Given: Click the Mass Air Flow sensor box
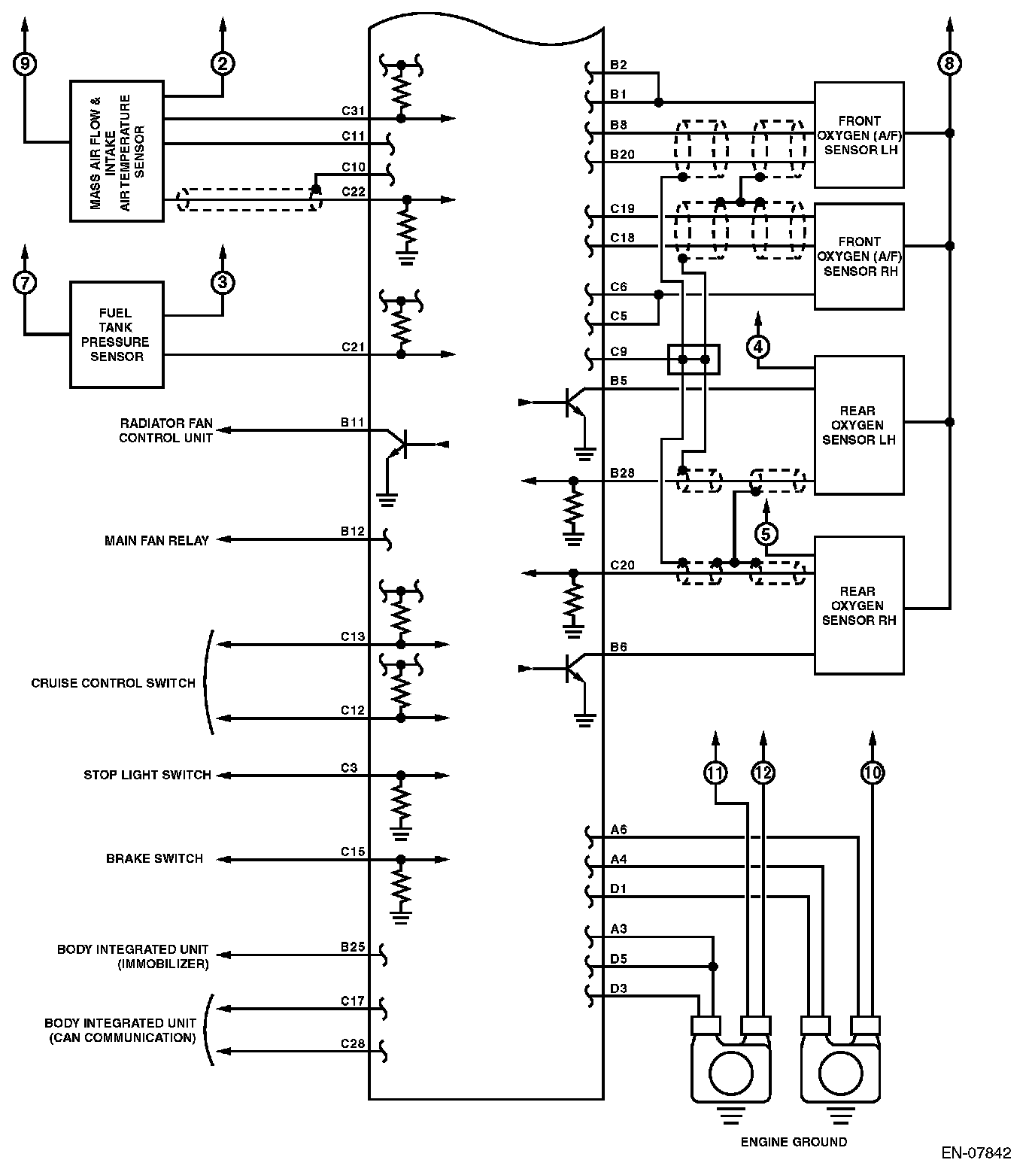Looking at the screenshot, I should (117, 151).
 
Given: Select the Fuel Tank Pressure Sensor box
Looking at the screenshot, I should (117, 335).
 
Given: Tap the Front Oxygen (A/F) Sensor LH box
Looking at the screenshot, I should (859, 135).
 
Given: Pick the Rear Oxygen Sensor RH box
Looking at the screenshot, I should (859, 606).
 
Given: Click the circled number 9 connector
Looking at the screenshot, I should (25, 64).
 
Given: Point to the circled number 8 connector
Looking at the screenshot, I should (949, 64).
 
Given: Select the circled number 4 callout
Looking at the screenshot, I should (758, 347).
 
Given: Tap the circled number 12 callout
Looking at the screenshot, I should (763, 773).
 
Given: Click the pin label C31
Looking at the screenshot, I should (353, 111).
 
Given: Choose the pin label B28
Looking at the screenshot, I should (622, 473).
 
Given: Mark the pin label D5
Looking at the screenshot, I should (618, 959).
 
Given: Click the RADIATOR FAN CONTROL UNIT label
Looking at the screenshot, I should (166, 430).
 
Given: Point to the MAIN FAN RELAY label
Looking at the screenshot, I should (156, 540).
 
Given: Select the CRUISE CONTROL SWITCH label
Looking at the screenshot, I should (113, 683).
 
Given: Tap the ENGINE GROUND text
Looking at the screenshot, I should (794, 1142).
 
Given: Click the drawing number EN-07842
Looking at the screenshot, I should (976, 1152).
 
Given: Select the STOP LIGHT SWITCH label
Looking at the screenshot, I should (147, 775).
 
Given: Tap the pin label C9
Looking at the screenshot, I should (618, 351).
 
